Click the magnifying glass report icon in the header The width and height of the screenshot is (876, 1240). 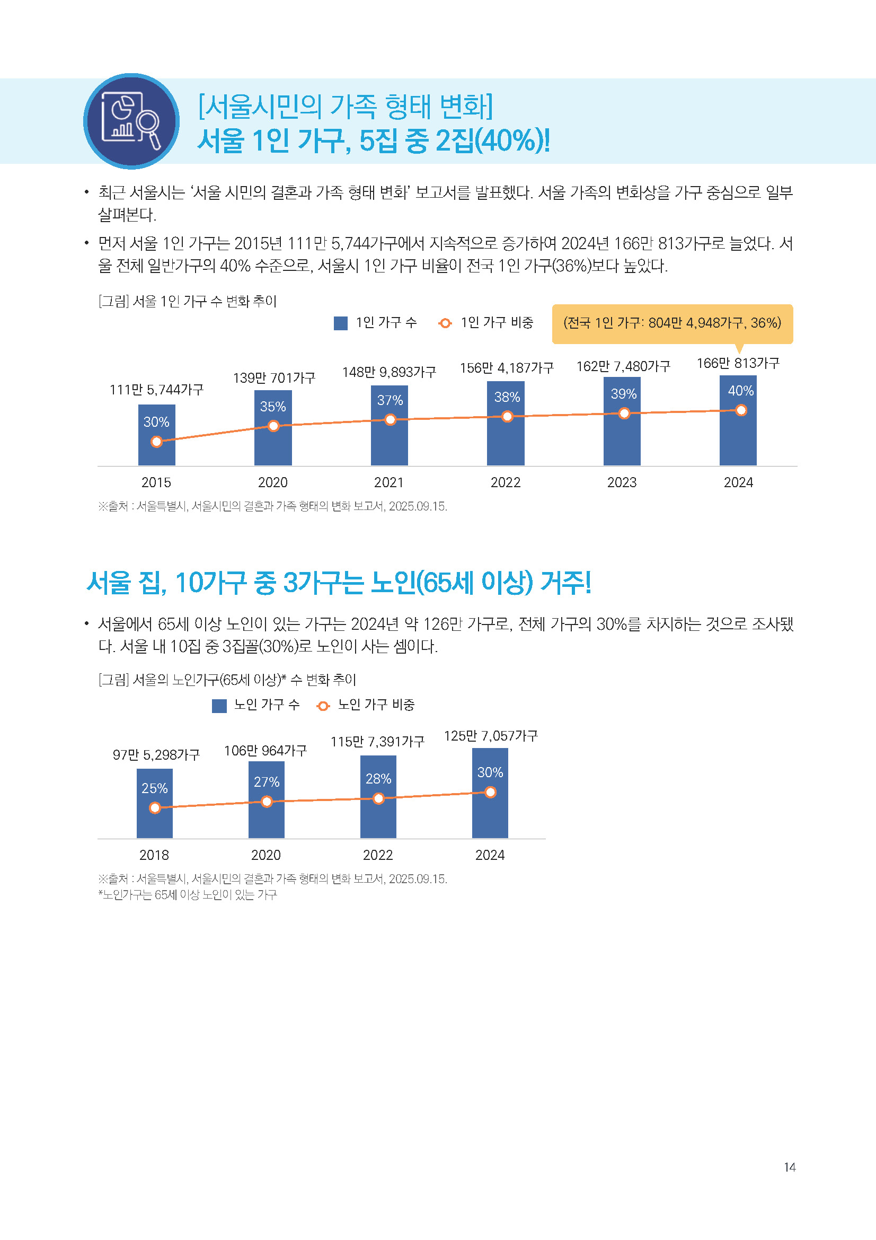(131, 121)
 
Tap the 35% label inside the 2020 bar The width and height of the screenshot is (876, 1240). (272, 407)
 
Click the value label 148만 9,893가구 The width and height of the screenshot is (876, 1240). (388, 372)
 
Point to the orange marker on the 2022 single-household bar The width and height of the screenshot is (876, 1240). (507, 416)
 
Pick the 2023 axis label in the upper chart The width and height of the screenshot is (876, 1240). (622, 482)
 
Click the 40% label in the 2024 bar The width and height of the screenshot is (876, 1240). (740, 391)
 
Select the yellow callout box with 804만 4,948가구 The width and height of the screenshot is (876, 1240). (672, 323)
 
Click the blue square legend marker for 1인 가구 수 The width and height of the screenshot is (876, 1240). (341, 323)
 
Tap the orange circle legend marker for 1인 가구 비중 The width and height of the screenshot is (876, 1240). (445, 323)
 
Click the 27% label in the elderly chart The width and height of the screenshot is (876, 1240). (267, 781)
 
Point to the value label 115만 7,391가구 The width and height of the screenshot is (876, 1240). (377, 742)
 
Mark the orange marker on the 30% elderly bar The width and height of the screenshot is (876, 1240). (490, 792)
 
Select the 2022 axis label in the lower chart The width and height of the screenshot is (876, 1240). (377, 855)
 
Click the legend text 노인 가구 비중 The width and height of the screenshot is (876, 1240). (376, 705)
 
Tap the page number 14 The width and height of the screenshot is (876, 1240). (790, 1167)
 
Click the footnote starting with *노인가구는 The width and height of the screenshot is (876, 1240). (187, 895)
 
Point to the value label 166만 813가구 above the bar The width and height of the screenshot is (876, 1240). (738, 364)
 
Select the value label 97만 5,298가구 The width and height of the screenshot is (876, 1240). (156, 754)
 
